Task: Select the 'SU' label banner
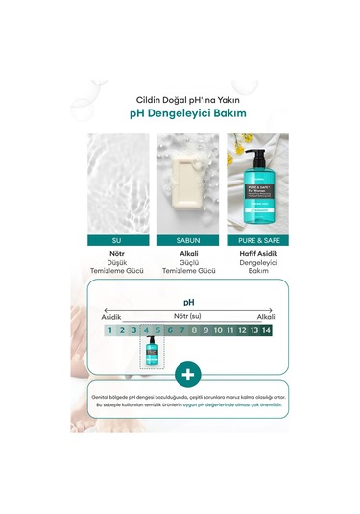(117, 240)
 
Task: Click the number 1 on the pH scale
(111, 330)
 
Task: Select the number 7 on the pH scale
(182, 330)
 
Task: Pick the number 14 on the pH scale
(266, 330)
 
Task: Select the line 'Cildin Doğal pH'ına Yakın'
(180, 96)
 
